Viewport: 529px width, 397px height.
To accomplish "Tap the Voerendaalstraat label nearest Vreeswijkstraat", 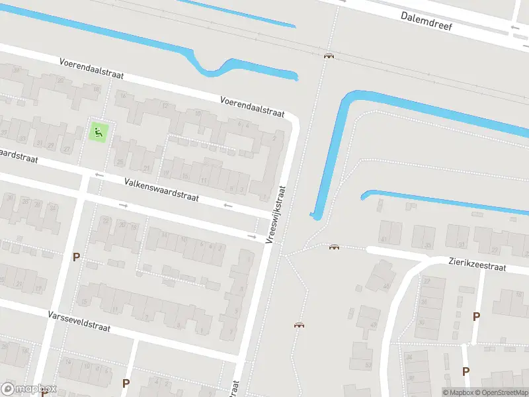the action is (252, 106).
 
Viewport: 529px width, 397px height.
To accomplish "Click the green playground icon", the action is (99, 132).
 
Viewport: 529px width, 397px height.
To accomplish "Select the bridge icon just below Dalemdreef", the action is (328, 56).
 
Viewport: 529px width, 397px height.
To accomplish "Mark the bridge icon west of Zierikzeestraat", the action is (334, 247).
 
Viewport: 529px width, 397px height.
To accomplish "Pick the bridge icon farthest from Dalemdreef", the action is (300, 325).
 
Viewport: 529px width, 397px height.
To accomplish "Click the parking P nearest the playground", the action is (76, 257).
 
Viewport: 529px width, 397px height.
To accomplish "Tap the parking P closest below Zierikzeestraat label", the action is (476, 316).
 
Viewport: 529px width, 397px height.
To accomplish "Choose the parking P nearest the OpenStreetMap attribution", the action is (466, 371).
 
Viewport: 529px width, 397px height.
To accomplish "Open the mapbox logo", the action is (29, 389).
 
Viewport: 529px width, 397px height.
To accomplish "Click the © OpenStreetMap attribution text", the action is (501, 392).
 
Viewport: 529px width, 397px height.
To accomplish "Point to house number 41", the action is (383, 240).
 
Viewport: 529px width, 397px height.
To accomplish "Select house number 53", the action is (368, 364).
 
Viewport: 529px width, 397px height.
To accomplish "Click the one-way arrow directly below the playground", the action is (99, 175).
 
